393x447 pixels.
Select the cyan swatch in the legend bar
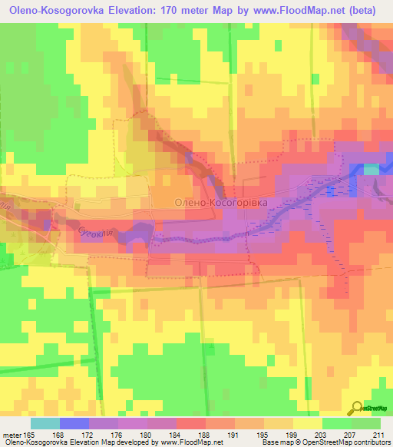click(45, 423)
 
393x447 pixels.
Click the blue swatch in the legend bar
click(74, 423)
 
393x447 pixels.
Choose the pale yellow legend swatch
click(307, 423)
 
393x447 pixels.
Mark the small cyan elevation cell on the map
click(371, 169)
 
